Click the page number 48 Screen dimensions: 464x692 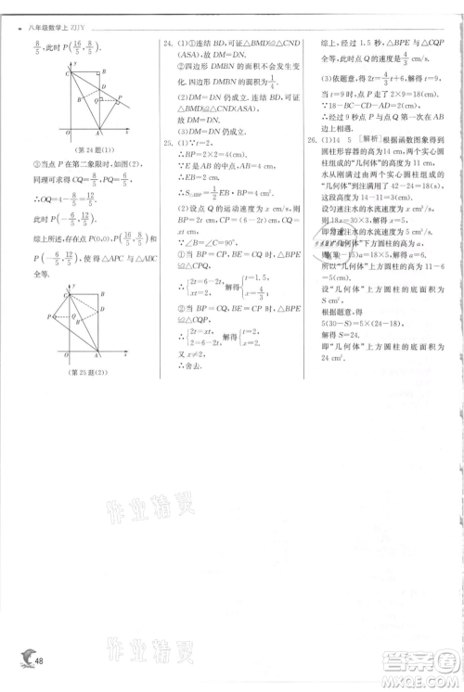pyautogui.click(x=38, y=658)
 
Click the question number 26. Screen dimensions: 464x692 pyautogui.click(x=310, y=140)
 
